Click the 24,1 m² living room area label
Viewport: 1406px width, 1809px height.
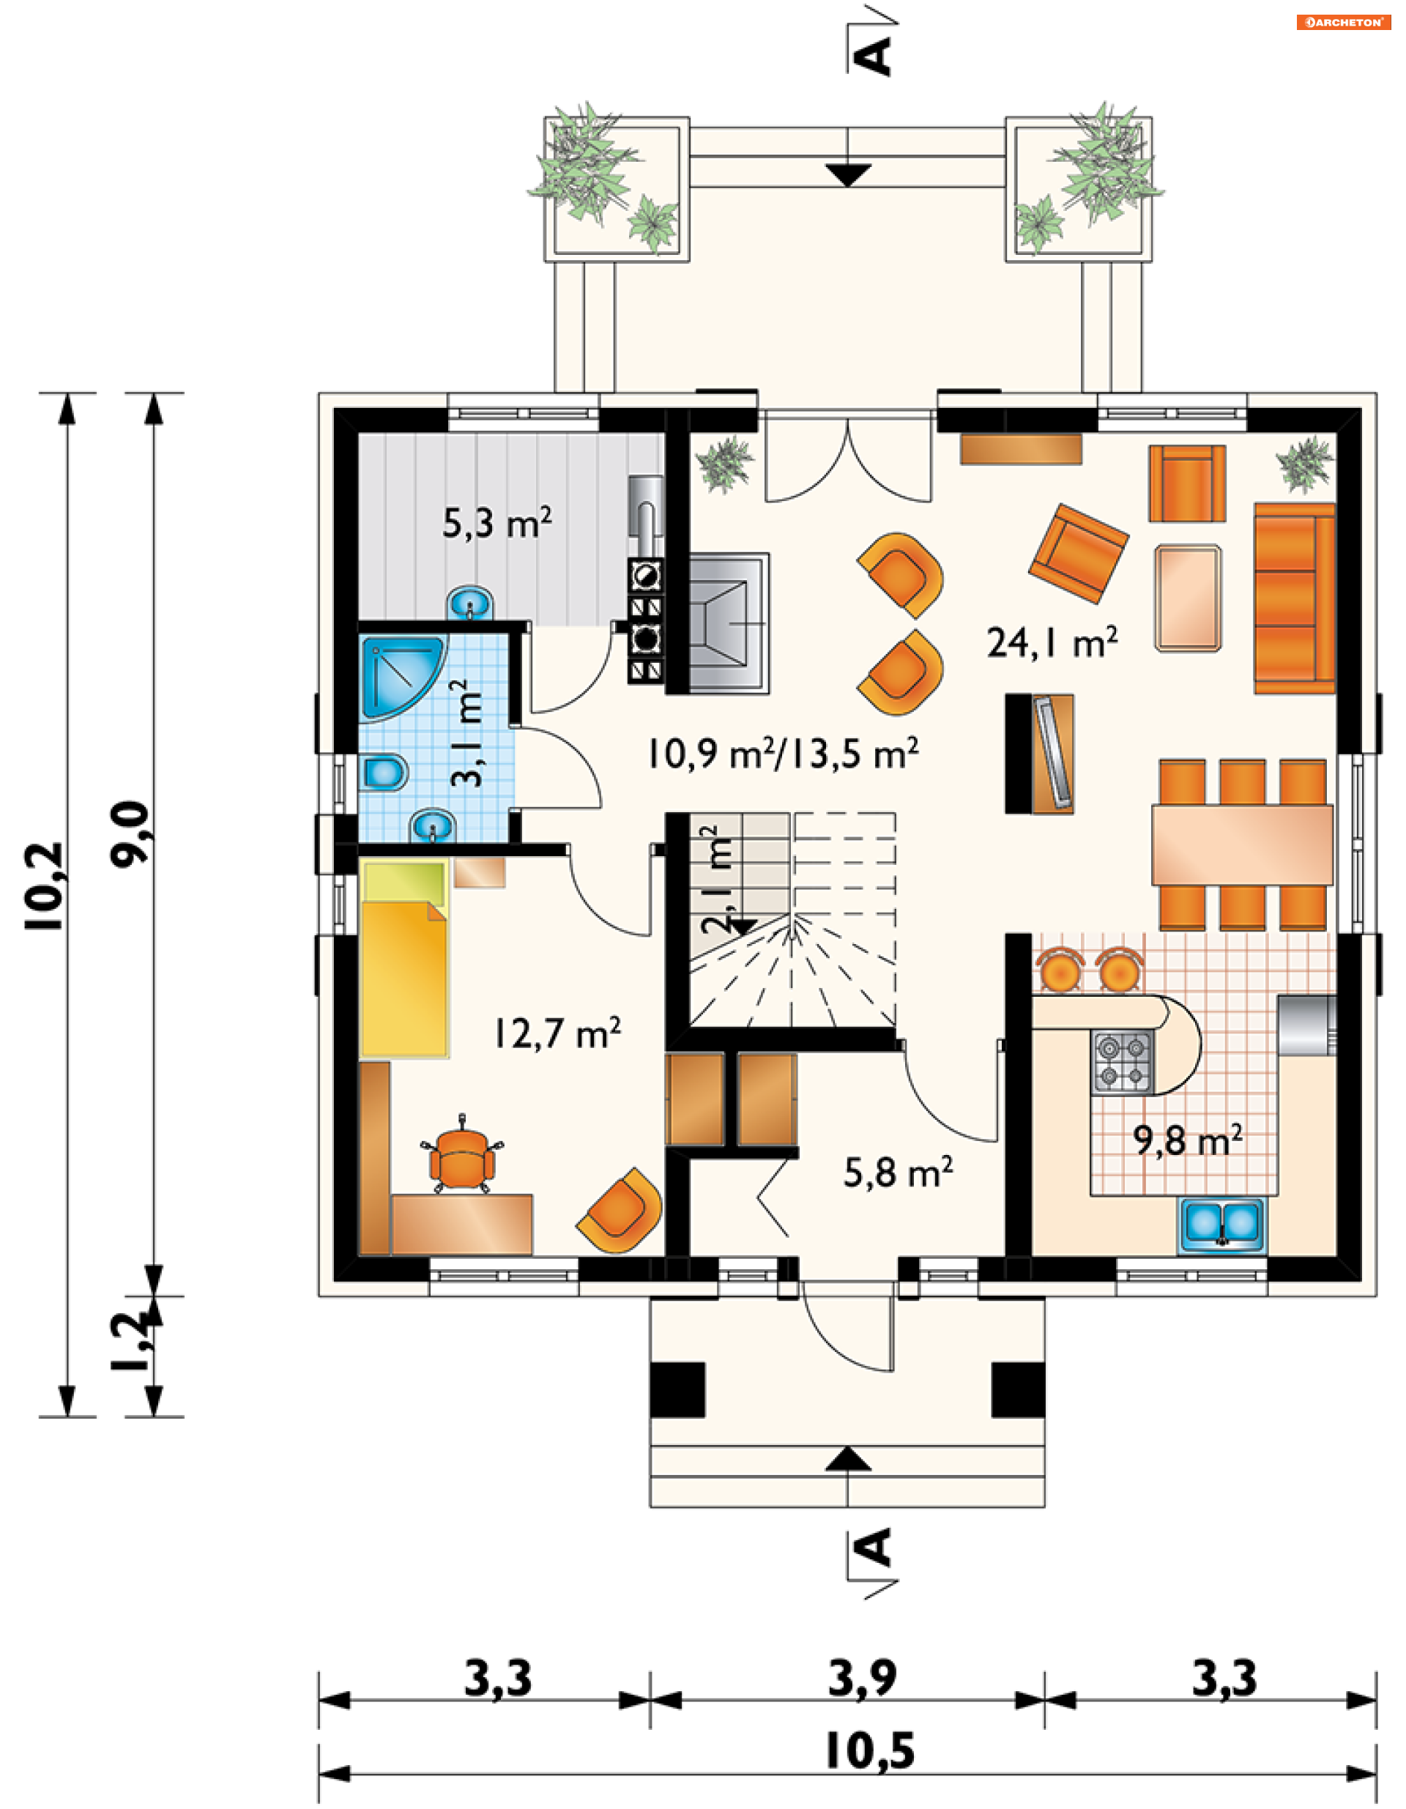(1052, 642)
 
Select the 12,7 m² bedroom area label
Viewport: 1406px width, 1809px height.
(557, 1033)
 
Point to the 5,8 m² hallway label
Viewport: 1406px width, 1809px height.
(898, 1172)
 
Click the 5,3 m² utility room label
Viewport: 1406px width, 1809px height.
(496, 523)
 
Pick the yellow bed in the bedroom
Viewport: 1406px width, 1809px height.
(405, 959)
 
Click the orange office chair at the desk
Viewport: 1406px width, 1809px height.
(461, 1156)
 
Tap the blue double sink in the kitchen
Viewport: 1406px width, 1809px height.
(1221, 1225)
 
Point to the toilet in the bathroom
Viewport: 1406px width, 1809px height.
(384, 773)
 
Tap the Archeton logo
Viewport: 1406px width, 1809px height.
(1343, 23)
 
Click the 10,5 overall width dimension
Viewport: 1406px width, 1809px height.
(869, 1752)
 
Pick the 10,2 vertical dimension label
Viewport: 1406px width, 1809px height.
(43, 886)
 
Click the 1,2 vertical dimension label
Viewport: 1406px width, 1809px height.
(131, 1342)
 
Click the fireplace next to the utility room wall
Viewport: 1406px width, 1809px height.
(729, 623)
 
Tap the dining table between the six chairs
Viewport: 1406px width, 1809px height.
(1242, 845)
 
